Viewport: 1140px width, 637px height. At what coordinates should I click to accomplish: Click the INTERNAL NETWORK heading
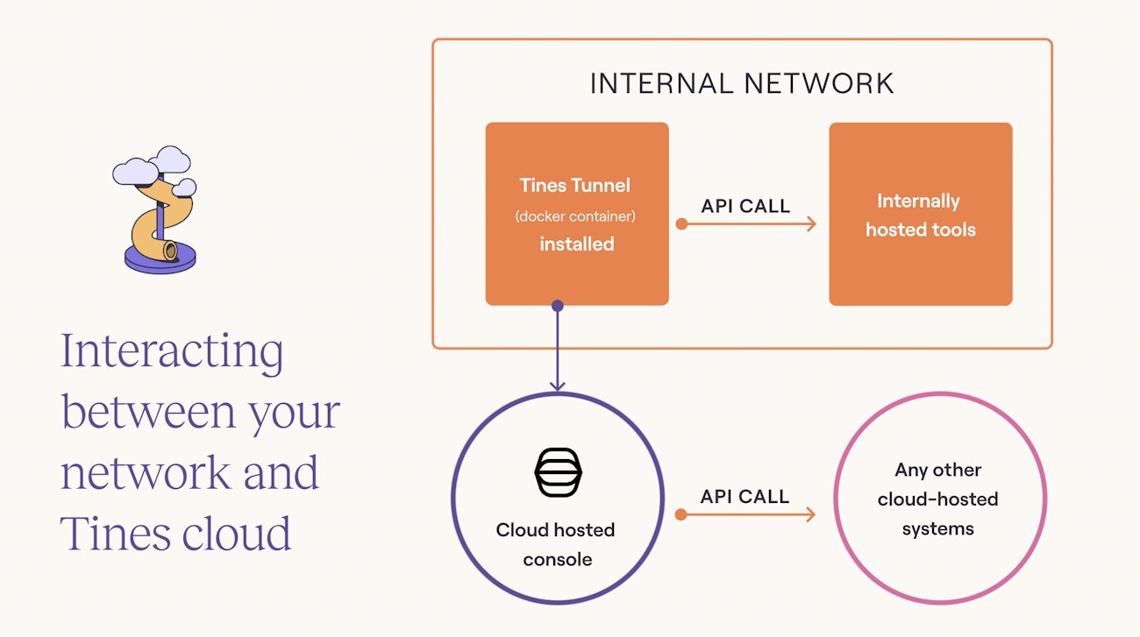pyautogui.click(x=742, y=83)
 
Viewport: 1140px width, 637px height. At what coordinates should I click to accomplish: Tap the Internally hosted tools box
pyautogui.click(x=920, y=215)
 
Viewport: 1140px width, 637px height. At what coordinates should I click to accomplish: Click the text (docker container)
pyautogui.click(x=576, y=216)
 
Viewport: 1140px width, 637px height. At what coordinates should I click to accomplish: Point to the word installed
pyautogui.click(x=576, y=244)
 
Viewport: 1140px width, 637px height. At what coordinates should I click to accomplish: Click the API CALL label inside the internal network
pyautogui.click(x=745, y=207)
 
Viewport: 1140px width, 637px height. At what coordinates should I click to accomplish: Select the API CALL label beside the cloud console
pyautogui.click(x=745, y=497)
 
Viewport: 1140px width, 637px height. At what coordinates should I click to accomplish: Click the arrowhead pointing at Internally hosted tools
pyautogui.click(x=811, y=224)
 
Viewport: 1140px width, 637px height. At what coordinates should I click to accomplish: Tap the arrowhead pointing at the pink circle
pyautogui.click(x=810, y=514)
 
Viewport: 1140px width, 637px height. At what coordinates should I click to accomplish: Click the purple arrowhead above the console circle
pyautogui.click(x=557, y=385)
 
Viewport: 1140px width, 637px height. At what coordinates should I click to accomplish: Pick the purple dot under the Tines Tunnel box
pyautogui.click(x=557, y=306)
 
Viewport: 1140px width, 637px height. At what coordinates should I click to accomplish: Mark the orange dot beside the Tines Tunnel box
pyautogui.click(x=681, y=224)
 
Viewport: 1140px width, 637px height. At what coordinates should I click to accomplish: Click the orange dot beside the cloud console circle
pyautogui.click(x=681, y=514)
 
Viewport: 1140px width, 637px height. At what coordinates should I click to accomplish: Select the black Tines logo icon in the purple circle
pyautogui.click(x=558, y=473)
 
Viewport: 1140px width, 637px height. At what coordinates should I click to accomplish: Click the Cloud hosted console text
pyautogui.click(x=556, y=544)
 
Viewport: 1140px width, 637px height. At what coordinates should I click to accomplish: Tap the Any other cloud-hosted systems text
pyautogui.click(x=937, y=499)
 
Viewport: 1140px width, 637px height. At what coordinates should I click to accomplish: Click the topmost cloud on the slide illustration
pyautogui.click(x=170, y=159)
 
